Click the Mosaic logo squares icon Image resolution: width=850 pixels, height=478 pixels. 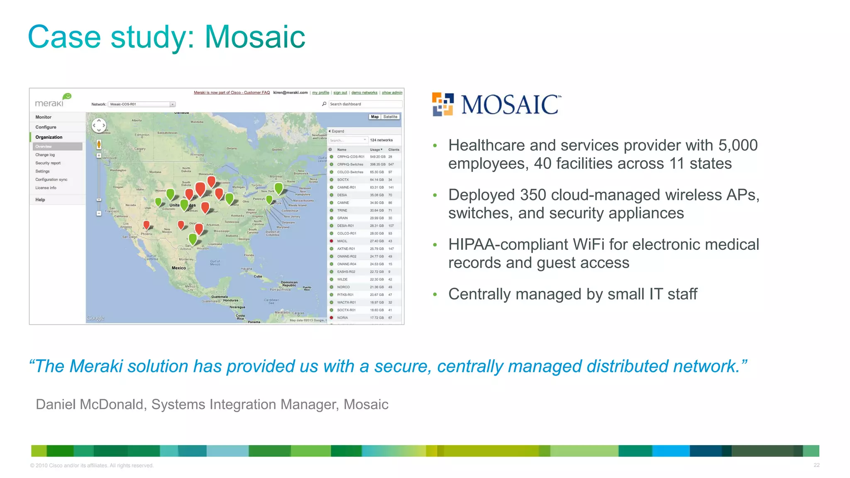(x=442, y=105)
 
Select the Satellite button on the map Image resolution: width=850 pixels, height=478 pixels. (x=390, y=117)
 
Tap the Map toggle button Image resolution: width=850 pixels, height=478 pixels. (x=375, y=117)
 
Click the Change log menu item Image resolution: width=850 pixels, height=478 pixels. (x=45, y=155)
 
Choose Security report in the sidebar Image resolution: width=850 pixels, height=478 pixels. (x=48, y=163)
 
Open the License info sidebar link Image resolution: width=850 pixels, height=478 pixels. (x=46, y=188)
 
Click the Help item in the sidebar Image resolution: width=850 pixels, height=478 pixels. (x=40, y=200)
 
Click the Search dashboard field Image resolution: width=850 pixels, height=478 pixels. (x=364, y=104)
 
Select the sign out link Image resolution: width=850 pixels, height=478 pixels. (x=340, y=93)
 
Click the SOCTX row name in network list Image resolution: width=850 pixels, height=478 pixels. (x=343, y=180)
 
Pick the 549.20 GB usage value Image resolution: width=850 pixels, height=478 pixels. (x=377, y=157)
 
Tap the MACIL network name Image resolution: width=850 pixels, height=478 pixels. (x=342, y=241)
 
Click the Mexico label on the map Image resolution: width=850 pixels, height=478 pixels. (x=179, y=268)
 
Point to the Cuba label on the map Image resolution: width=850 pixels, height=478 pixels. (x=258, y=276)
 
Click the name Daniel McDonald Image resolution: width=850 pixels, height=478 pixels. (x=90, y=405)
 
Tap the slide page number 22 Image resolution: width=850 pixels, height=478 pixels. (x=816, y=465)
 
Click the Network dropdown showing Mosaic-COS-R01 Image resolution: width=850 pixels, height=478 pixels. (x=142, y=104)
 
